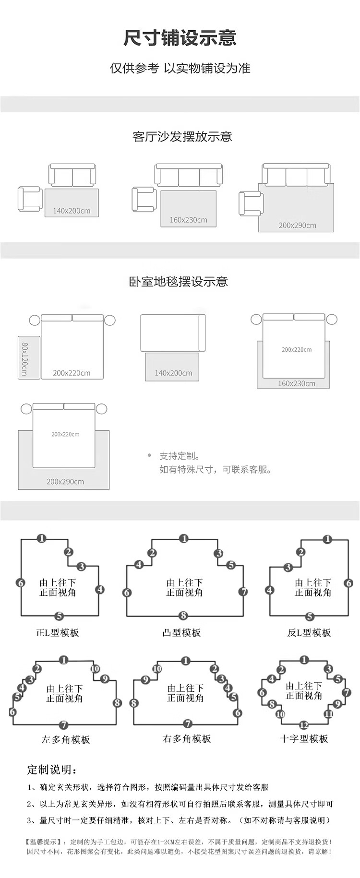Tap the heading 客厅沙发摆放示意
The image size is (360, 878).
182,137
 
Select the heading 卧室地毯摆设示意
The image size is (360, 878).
178,282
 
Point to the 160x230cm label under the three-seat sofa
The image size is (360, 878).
188,220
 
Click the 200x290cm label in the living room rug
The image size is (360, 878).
297,225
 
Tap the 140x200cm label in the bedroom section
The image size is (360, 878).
173,373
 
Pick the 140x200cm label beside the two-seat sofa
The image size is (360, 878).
72,211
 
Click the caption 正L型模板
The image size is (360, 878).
58,633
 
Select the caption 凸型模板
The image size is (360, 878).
181,633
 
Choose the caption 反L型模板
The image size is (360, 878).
309,633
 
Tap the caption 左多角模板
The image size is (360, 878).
66,739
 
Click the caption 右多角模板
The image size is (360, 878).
187,739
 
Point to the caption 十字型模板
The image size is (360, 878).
304,739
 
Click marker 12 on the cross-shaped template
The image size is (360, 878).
303,725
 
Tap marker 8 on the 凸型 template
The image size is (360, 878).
183,616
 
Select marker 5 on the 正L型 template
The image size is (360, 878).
59,616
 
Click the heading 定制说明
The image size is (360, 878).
52,770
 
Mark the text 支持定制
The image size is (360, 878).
180,456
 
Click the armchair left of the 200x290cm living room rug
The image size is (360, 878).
250,203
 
